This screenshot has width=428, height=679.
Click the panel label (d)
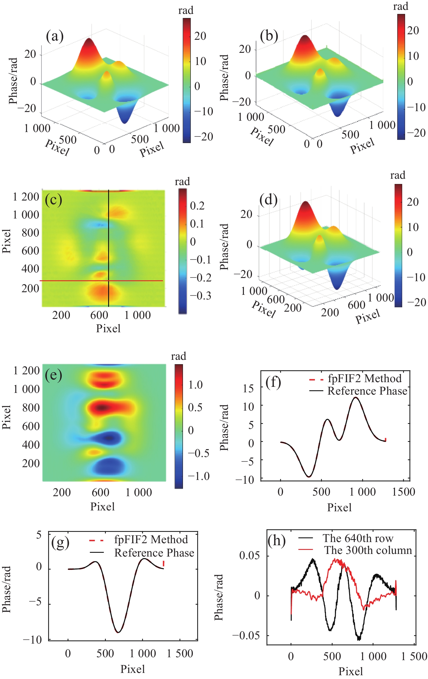269,200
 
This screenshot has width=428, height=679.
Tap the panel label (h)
276,541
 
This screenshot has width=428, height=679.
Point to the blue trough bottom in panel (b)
337,115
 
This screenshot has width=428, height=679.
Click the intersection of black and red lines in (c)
108,281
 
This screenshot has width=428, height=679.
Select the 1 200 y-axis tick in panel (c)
26,197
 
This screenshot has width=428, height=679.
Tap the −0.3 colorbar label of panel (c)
200,296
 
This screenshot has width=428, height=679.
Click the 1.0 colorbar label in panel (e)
195,385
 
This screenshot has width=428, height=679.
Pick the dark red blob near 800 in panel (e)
101,407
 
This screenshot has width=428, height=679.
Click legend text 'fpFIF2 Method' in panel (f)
364,378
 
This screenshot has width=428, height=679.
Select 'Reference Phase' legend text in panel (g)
154,553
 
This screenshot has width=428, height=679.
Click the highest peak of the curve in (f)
356,398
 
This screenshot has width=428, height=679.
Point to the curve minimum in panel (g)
118,632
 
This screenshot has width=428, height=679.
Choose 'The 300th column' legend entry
368,550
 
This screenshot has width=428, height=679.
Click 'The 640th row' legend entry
358,538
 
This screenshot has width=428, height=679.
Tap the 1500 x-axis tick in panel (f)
403,492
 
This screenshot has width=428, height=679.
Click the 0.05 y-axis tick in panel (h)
249,556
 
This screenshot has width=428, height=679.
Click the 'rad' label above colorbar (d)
398,175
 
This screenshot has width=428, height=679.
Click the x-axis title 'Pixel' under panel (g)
133,669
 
